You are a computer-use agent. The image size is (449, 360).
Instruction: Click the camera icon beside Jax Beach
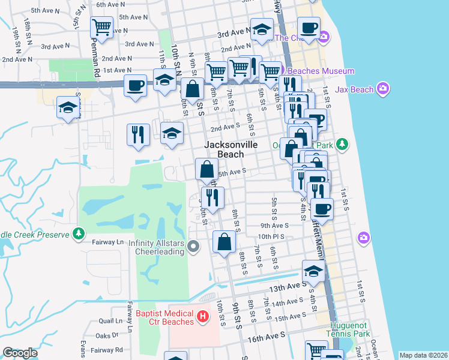tap(383, 90)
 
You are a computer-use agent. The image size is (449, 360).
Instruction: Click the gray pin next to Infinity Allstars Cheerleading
tap(193, 246)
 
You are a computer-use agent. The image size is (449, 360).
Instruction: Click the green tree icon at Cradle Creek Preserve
tap(78, 234)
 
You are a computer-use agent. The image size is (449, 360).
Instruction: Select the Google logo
tap(20, 353)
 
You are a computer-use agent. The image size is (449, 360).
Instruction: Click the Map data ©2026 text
tap(423, 355)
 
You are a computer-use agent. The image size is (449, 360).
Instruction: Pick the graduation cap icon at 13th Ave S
tap(313, 271)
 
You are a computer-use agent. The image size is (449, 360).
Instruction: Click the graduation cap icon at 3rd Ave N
tap(262, 29)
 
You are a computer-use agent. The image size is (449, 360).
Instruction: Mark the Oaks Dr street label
tap(107, 335)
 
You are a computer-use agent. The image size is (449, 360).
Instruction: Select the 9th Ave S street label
tap(275, 226)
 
